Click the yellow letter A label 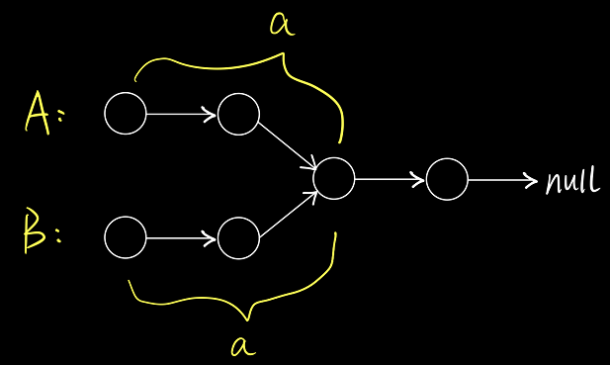coord(38,113)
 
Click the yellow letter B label coord(35,230)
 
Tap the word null coord(572,181)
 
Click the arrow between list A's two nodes coord(181,114)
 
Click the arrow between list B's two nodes coord(181,237)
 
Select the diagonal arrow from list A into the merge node coord(289,146)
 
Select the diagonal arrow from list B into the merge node coord(289,214)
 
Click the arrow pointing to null coord(502,180)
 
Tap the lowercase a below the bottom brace coord(243,346)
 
